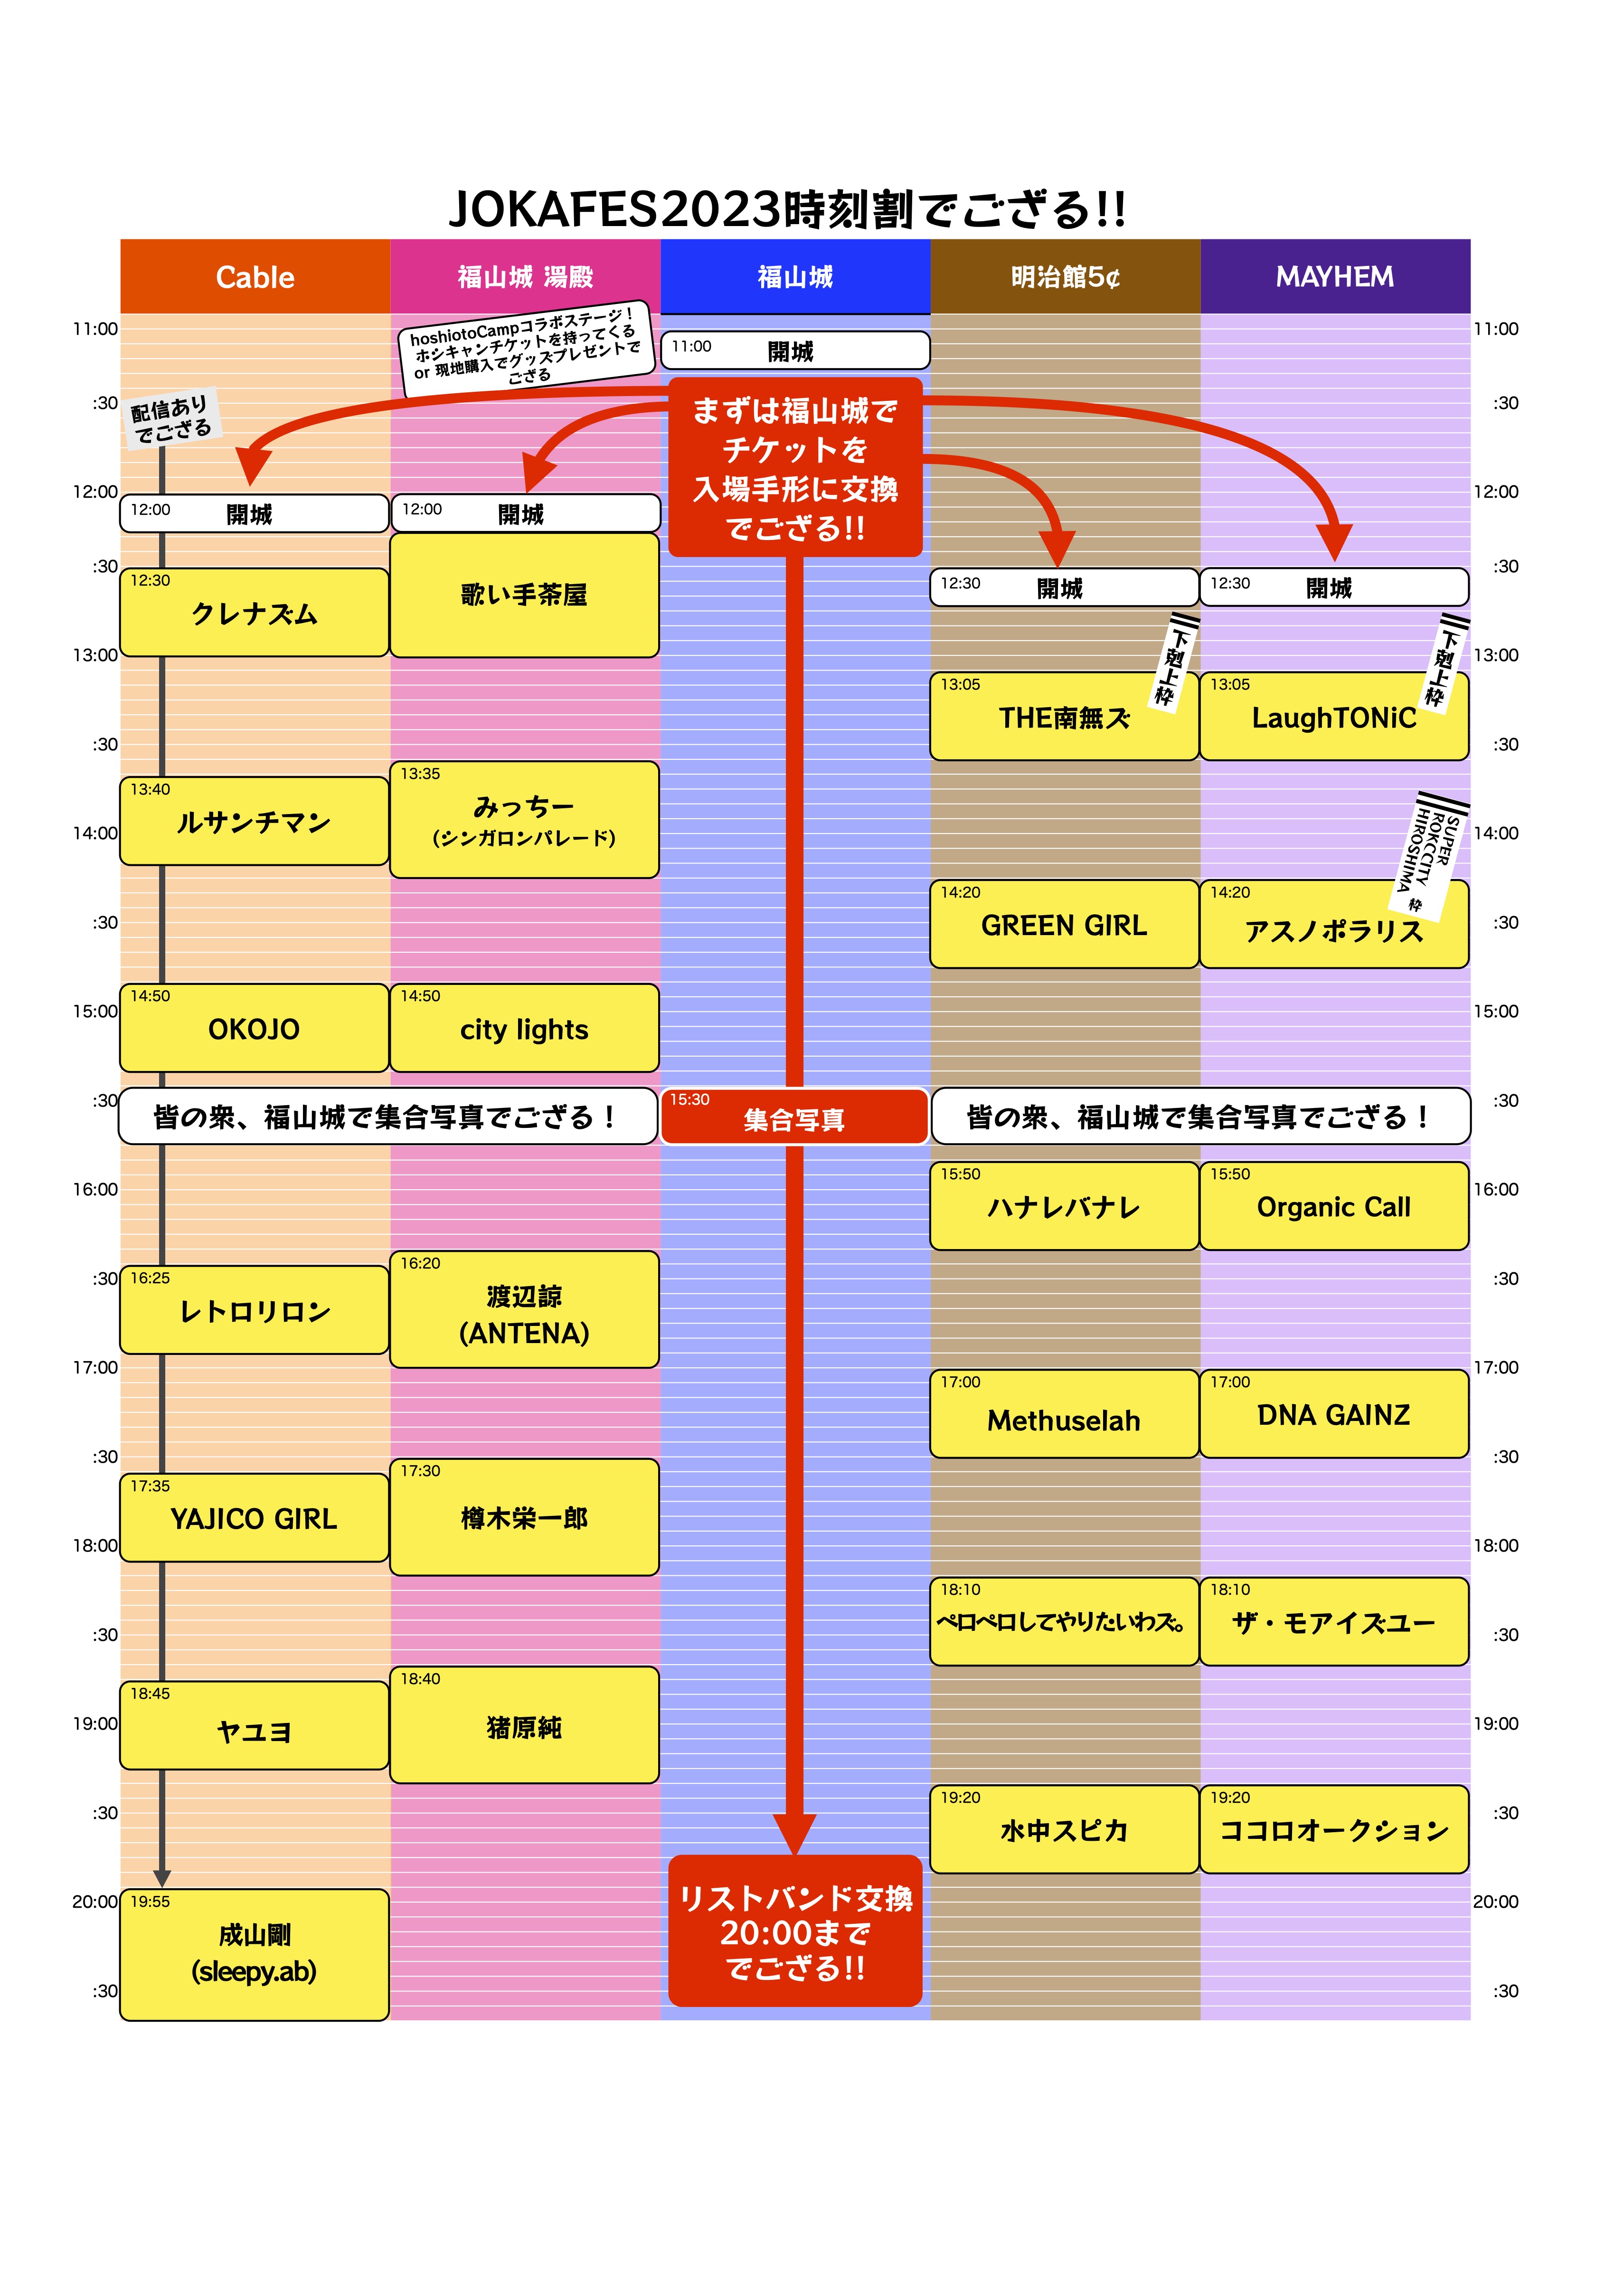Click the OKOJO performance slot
[255, 1027]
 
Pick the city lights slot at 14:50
[524, 1027]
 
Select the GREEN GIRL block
[1065, 923]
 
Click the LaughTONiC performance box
[1334, 715]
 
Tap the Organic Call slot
[1334, 1205]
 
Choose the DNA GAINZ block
[1334, 1413]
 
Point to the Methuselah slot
[1065, 1413]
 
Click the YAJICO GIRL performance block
[255, 1517]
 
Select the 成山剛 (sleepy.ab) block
[255, 1954]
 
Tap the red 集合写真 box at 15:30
[794, 1116]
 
